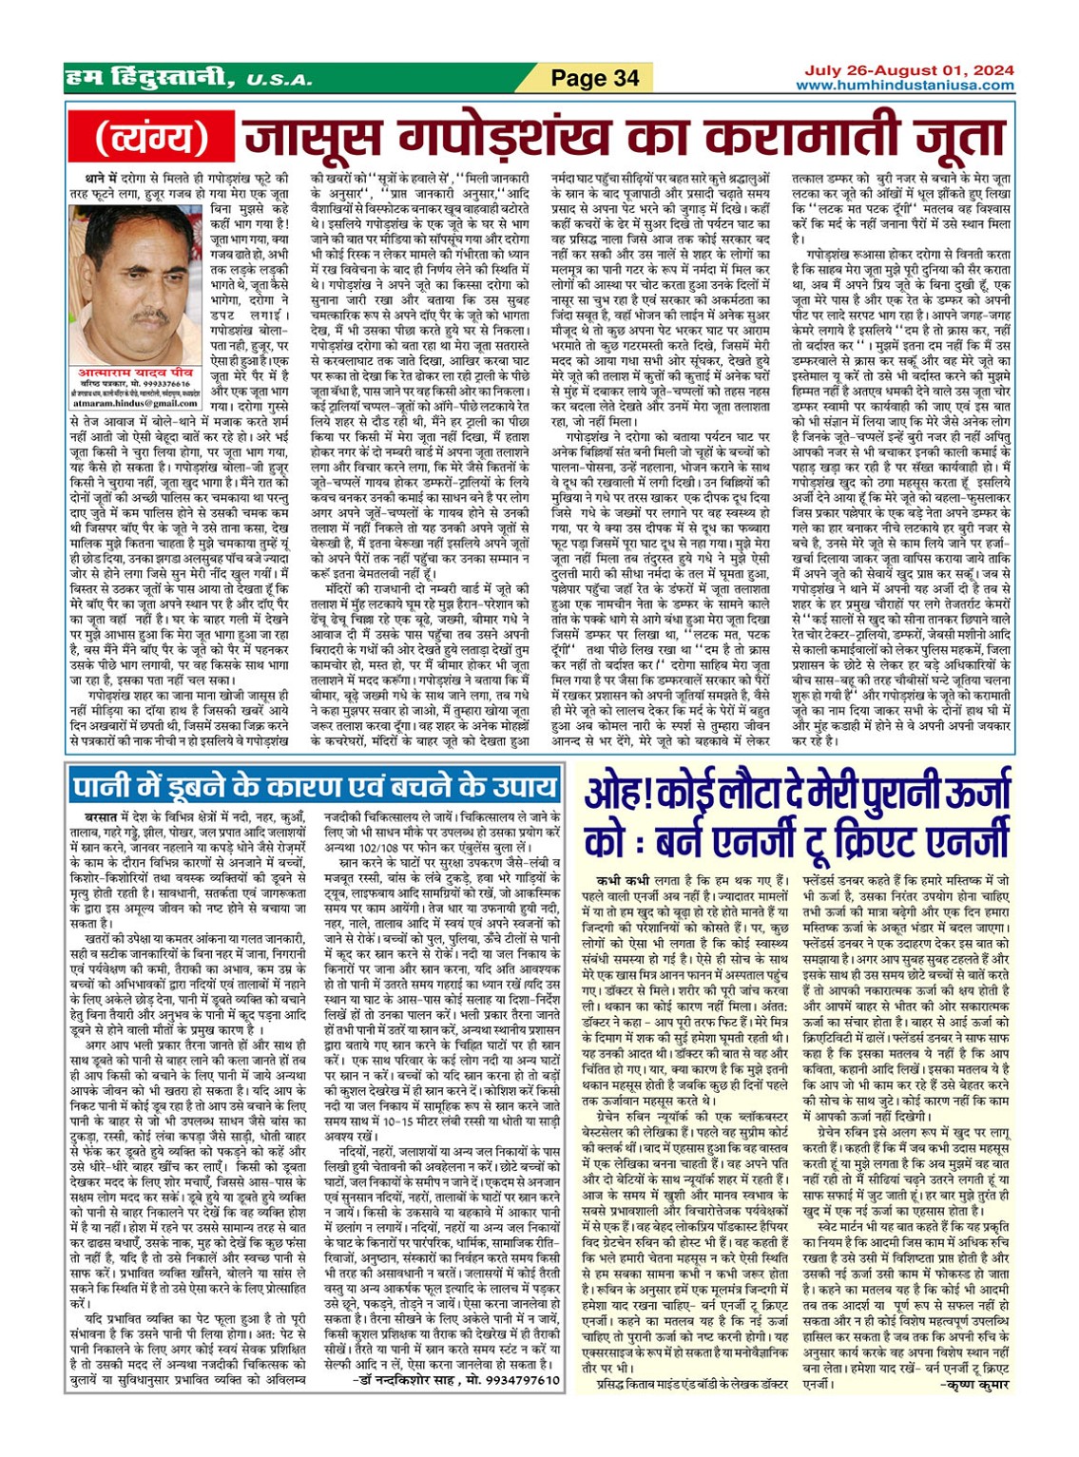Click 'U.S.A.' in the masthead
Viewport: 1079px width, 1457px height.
click(278, 80)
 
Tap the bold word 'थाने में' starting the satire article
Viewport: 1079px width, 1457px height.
click(100, 177)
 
